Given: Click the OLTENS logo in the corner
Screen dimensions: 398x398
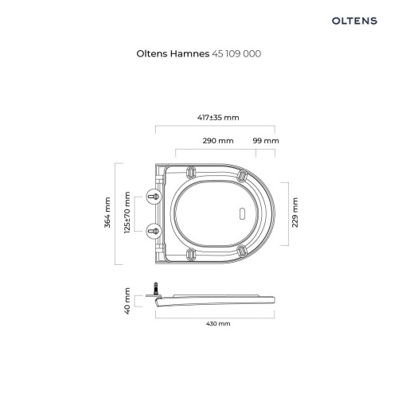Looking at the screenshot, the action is [354, 21].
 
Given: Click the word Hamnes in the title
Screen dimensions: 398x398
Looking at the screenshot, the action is [189, 53].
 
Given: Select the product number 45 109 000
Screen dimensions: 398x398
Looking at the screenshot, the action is [236, 53].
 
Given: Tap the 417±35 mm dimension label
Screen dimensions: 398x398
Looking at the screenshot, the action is [218, 117].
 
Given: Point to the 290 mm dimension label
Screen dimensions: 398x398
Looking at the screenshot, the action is [218, 140].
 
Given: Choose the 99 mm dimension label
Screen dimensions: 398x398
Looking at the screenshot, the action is [266, 140].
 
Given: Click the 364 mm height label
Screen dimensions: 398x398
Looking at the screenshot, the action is [107, 213].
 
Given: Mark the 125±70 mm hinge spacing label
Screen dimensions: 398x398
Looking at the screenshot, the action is [127, 213].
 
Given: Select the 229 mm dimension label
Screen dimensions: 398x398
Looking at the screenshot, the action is [295, 213].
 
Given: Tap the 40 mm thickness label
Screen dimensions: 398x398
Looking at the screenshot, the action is [127, 301].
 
